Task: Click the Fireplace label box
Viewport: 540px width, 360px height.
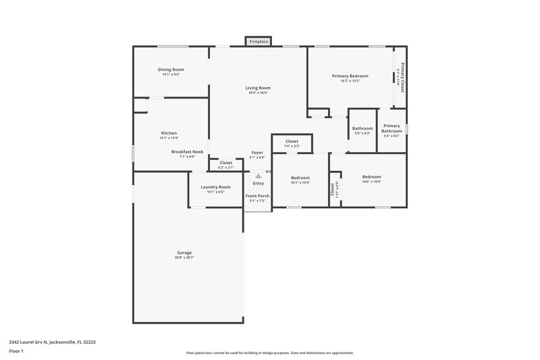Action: (x=259, y=42)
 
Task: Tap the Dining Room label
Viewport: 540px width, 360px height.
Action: (x=171, y=70)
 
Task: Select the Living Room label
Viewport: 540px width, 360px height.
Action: (x=258, y=88)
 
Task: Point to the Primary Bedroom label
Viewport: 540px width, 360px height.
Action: (x=350, y=76)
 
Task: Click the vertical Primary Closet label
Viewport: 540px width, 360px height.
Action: (x=402, y=78)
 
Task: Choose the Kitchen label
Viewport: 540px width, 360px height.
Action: (x=169, y=133)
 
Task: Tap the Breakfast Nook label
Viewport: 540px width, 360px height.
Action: (x=187, y=152)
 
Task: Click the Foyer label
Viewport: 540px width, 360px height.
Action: (x=257, y=153)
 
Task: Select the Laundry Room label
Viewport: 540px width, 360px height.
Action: (x=215, y=187)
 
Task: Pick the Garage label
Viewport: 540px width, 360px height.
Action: (x=184, y=253)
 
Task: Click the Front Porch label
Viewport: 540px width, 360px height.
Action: (x=257, y=196)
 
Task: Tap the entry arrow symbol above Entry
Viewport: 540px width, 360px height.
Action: (x=258, y=176)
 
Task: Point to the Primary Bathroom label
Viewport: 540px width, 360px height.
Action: (x=391, y=128)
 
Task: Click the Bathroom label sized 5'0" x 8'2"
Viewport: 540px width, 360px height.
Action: (x=362, y=128)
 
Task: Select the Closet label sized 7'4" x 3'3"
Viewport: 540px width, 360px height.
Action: (x=292, y=141)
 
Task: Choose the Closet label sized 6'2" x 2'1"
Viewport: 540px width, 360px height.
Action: (x=225, y=163)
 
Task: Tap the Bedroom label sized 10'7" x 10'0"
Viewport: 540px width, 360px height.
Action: (x=300, y=178)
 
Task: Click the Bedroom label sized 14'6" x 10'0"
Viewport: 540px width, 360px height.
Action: (x=371, y=177)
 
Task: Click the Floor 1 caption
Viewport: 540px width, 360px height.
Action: (x=16, y=351)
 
